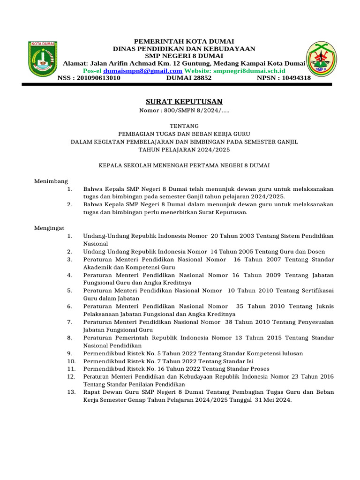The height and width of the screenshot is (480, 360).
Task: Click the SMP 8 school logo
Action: [x=320, y=59]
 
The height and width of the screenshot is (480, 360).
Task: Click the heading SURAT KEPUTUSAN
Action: [x=184, y=102]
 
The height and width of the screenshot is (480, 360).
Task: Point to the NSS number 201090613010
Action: [x=98, y=78]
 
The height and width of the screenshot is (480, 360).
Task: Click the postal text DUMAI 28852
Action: [x=189, y=78]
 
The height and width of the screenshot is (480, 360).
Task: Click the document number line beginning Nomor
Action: [x=184, y=111]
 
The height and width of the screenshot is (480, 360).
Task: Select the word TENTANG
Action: [x=184, y=126]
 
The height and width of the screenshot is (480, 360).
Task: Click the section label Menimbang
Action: [x=51, y=181]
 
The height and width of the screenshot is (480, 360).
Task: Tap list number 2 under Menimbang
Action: [x=69, y=204]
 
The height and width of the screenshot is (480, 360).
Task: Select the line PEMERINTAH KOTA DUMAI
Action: [x=184, y=41]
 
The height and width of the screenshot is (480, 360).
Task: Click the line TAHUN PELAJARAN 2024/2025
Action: [x=184, y=150]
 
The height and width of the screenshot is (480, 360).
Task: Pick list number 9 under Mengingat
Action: [x=69, y=353]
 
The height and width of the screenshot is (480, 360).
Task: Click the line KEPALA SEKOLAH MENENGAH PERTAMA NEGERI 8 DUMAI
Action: [x=184, y=165]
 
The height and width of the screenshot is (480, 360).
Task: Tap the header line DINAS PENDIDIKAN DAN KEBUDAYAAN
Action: [x=184, y=49]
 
